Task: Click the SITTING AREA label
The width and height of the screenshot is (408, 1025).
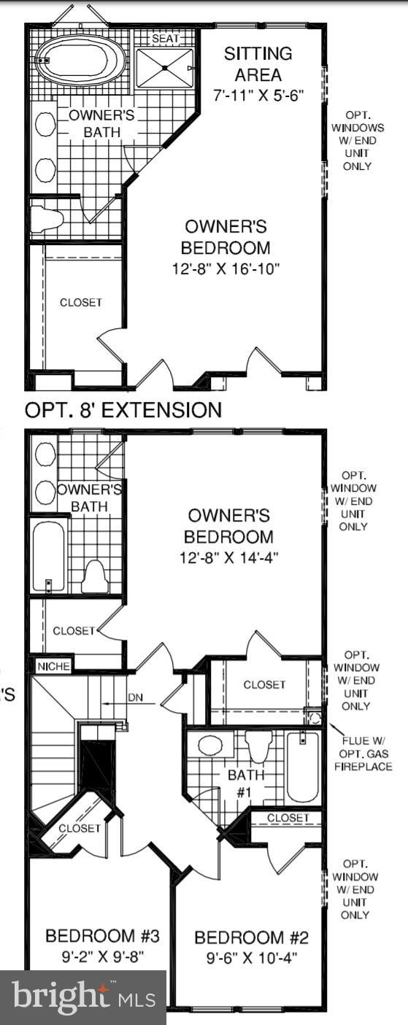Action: point(258,63)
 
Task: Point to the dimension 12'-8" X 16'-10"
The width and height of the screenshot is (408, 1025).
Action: point(228,269)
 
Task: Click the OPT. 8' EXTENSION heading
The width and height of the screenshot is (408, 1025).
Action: point(123,410)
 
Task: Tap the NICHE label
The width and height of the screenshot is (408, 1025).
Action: point(53,666)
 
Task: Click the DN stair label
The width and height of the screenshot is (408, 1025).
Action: point(136,697)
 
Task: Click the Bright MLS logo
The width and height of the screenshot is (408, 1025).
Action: point(83,997)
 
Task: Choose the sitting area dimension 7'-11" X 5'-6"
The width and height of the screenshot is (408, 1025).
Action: point(258,94)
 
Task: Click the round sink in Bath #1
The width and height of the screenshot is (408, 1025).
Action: point(210,745)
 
